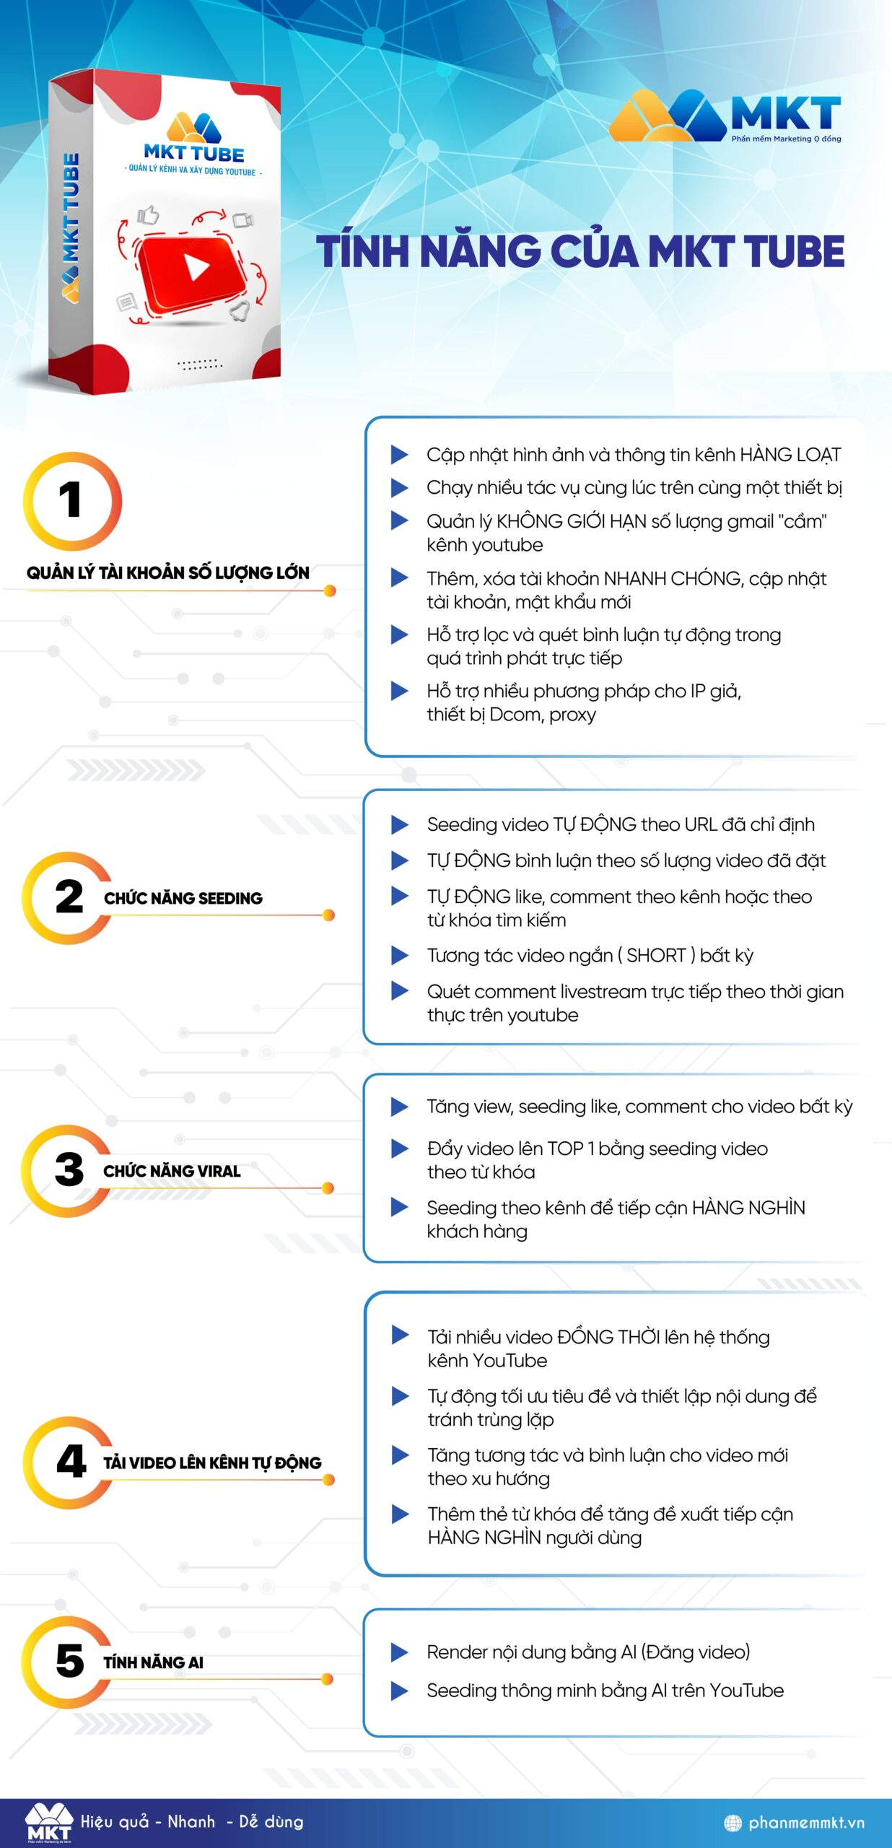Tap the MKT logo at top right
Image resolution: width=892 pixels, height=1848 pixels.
tap(725, 115)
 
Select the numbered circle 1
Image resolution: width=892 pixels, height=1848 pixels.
tap(72, 501)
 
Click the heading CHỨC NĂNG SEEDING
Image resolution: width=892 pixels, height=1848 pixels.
tap(183, 898)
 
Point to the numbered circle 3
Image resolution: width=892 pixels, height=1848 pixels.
tap(67, 1170)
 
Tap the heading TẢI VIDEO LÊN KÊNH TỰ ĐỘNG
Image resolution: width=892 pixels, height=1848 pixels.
tap(212, 1463)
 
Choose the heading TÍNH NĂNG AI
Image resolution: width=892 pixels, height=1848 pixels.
tap(153, 1662)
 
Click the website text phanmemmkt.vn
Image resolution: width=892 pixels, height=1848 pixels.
tap(806, 1823)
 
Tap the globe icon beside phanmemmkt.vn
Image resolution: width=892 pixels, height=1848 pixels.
tap(733, 1823)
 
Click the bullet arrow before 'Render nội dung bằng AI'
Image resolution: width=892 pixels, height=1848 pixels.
tap(399, 1652)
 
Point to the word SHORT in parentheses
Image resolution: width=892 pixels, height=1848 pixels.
tap(656, 956)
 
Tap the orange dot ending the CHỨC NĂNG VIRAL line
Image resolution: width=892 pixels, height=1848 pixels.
tap(328, 1188)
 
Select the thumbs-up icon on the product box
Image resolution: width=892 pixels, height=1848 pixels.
tap(148, 215)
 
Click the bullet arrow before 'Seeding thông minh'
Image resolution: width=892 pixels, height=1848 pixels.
tap(399, 1691)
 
